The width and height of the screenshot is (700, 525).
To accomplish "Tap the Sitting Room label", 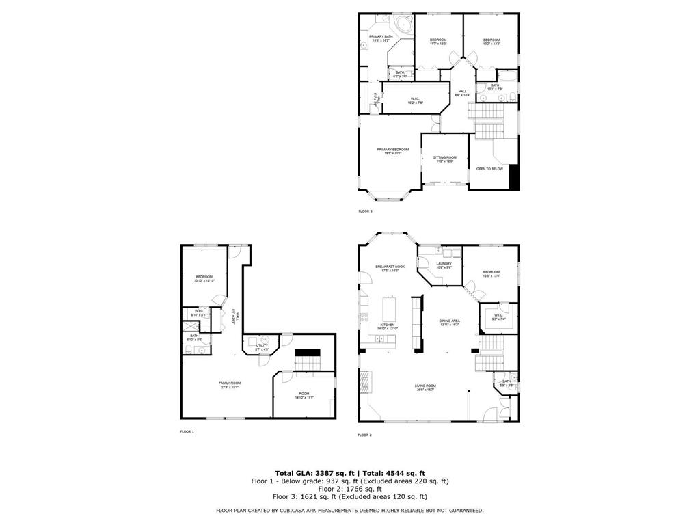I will point(444,159).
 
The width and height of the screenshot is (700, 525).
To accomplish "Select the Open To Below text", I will point(489,169).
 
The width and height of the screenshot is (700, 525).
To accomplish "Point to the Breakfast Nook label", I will point(390,267).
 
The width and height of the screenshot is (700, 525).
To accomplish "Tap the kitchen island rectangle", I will point(392,303).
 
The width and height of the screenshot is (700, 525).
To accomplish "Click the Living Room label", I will point(425,388).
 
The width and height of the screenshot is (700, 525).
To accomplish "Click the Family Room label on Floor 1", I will point(230,384).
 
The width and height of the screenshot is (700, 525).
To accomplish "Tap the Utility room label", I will point(262,347).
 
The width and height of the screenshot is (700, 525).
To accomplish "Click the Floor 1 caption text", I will point(187,432).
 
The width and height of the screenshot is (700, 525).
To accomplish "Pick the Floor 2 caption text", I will point(364,435).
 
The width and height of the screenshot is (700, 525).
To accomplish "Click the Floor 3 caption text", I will point(365,211).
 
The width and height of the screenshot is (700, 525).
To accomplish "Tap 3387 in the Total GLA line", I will point(323,473).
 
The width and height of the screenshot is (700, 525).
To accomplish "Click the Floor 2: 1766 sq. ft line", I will point(349,489).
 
